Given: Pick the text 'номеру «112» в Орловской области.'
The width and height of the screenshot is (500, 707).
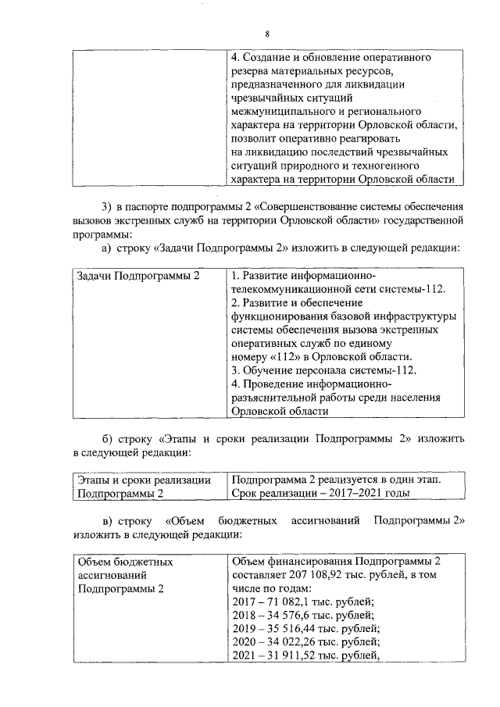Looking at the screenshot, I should pyautogui.click(x=322, y=356).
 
